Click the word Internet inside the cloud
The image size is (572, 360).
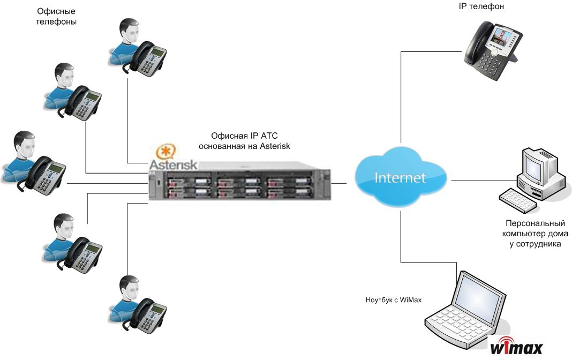(x=400, y=178)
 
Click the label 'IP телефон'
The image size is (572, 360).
(x=481, y=6)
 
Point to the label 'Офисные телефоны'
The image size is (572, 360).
(x=56, y=17)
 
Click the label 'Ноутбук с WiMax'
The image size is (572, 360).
(x=393, y=300)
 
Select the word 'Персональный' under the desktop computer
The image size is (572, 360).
(x=535, y=223)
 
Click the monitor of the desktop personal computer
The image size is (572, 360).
(x=538, y=166)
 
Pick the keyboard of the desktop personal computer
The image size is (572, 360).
(x=518, y=200)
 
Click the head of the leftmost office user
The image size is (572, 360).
(x=25, y=145)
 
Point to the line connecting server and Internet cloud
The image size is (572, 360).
(x=339, y=183)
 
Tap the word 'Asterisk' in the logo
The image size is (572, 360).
(x=174, y=164)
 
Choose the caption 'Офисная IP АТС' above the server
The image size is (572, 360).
(x=244, y=136)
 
